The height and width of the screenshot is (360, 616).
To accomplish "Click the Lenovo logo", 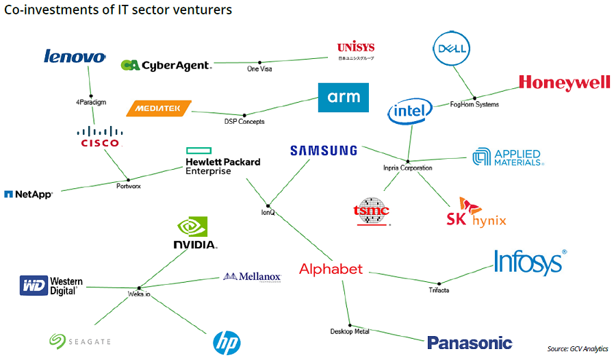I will click(75, 56).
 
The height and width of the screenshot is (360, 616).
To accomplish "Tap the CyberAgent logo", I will click(166, 65).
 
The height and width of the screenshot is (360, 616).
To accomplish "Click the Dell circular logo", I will click(452, 49).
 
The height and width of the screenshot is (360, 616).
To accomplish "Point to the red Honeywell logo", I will click(564, 83).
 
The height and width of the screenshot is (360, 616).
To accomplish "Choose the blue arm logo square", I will click(344, 97).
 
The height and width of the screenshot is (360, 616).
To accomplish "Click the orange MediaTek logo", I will click(159, 108).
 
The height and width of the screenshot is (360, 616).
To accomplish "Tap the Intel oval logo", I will click(410, 111).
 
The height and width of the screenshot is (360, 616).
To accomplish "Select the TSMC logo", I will click(370, 212).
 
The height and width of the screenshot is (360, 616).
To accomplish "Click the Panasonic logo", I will click(470, 343).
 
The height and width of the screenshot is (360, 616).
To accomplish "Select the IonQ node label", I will click(268, 213).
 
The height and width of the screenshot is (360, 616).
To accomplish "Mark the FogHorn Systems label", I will click(474, 105).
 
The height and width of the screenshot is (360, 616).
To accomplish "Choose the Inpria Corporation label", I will click(407, 168).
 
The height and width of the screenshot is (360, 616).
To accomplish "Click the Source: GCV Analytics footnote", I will click(578, 349).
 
